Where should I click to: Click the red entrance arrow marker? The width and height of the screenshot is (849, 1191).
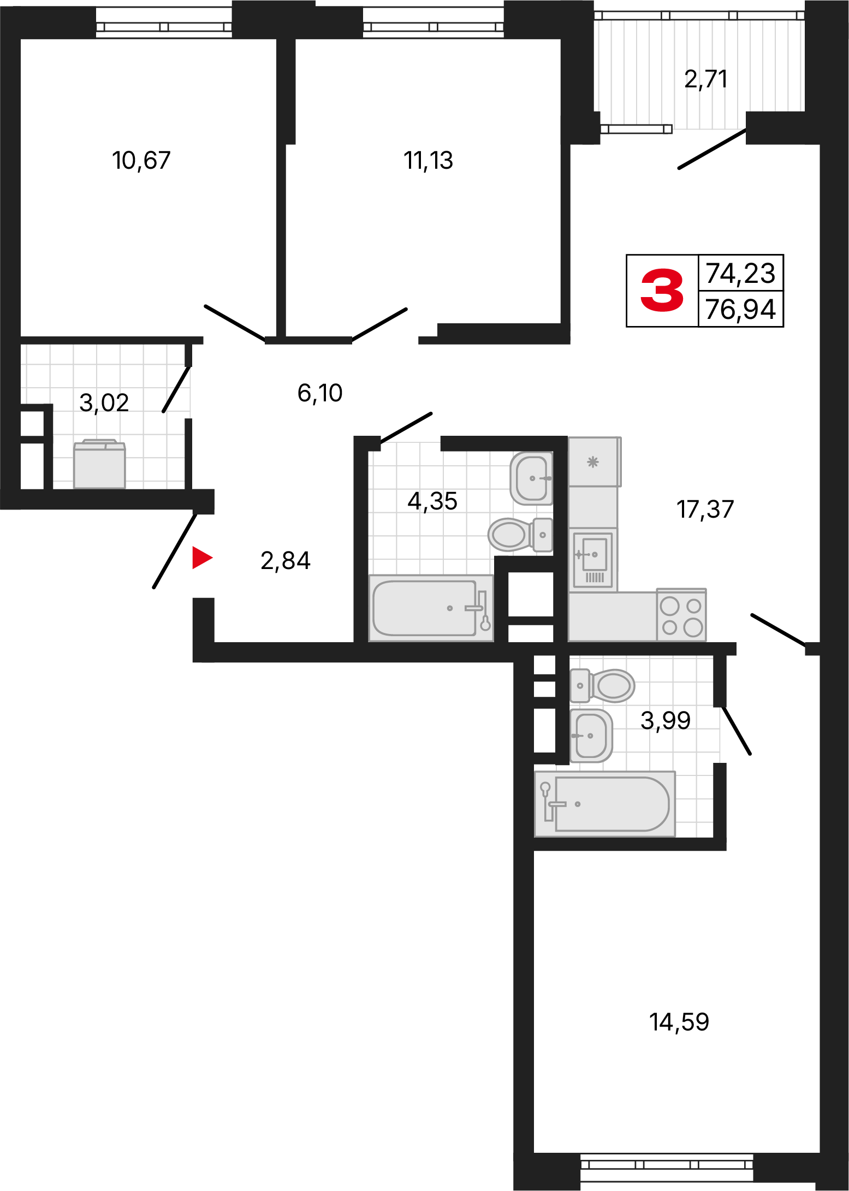[201, 558]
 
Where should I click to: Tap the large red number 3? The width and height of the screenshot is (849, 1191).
[662, 291]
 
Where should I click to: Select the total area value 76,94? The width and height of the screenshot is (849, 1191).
[740, 309]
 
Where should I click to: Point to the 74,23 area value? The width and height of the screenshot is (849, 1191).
[740, 273]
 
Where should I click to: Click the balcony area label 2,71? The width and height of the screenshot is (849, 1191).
[705, 80]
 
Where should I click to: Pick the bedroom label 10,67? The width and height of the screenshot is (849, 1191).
[141, 161]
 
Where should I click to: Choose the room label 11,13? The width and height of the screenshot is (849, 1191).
[428, 161]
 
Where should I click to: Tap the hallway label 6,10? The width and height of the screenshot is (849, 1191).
[320, 393]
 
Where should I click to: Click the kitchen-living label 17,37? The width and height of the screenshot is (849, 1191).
[705, 509]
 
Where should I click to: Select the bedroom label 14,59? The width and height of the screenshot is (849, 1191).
[679, 1022]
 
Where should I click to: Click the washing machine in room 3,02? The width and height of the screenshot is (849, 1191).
[99, 464]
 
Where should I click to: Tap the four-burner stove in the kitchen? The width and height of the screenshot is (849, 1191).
[681, 615]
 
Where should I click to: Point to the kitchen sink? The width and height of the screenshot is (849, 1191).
[593, 560]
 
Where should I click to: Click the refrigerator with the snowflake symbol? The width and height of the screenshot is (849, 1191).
[595, 462]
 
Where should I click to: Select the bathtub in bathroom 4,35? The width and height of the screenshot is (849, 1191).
[431, 608]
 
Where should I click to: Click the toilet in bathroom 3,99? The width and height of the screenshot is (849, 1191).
[603, 685]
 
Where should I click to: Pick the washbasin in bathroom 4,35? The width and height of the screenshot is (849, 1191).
[531, 478]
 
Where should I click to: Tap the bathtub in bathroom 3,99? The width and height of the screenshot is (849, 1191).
[605, 804]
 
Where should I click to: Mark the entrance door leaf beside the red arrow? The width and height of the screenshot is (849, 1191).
[174, 550]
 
